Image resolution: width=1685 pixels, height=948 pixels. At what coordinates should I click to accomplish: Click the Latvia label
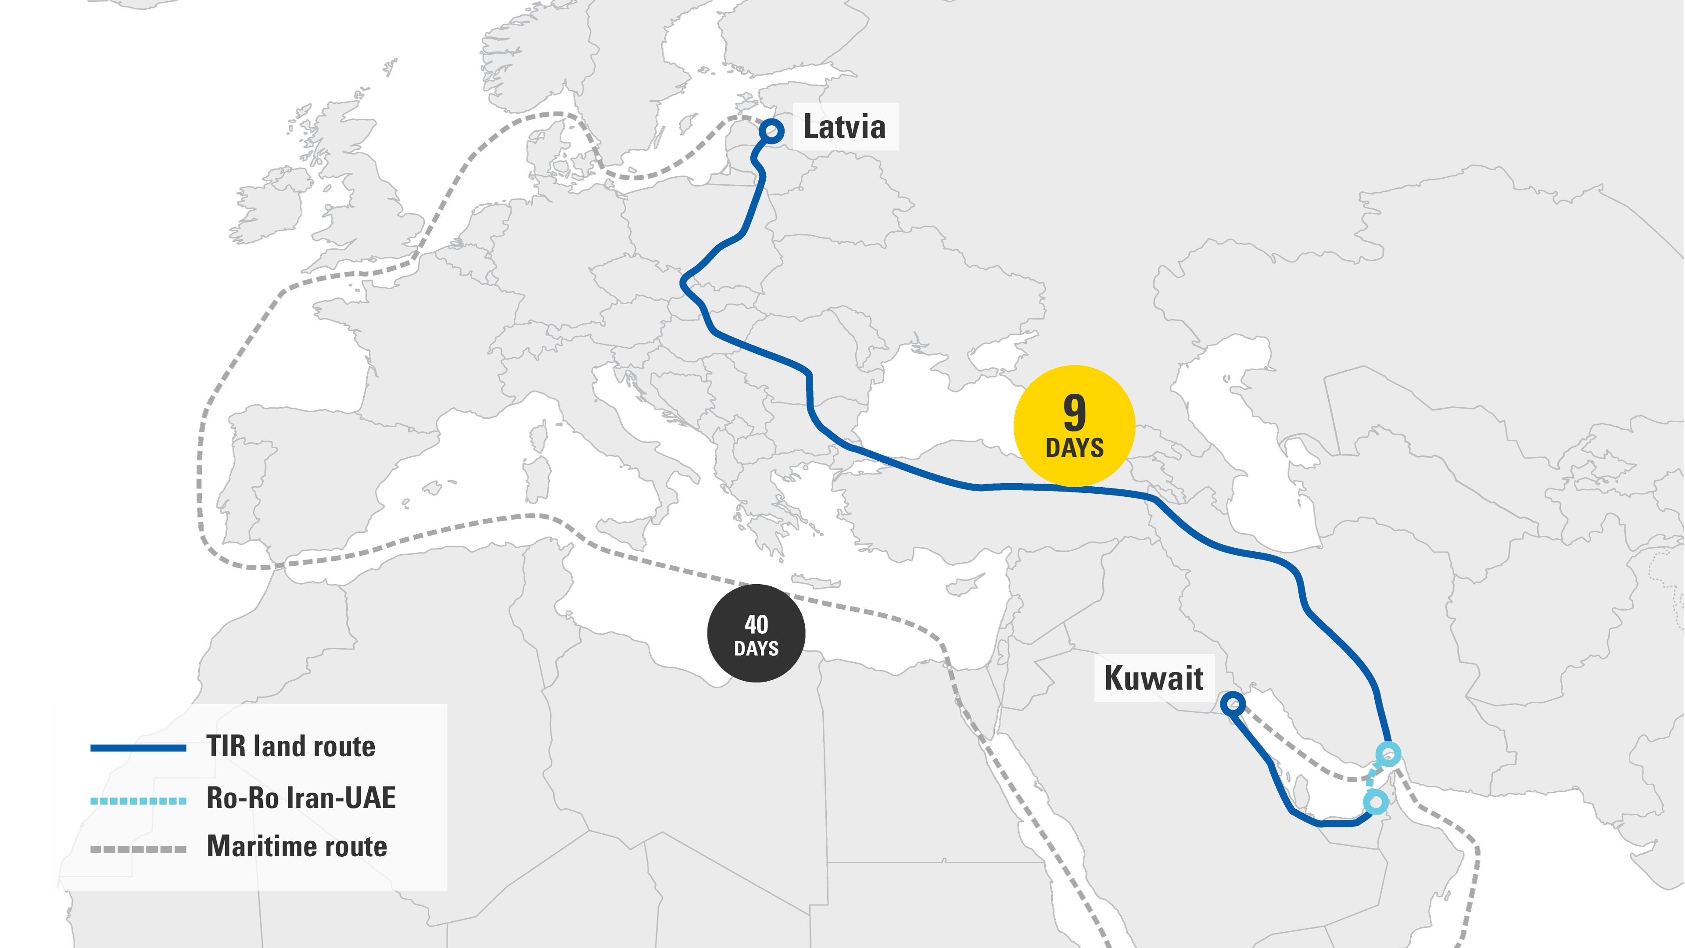[x=844, y=126]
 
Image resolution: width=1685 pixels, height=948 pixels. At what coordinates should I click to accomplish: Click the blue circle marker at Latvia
[x=772, y=131]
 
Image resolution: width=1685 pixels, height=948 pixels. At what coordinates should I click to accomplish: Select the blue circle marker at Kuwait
[x=1232, y=704]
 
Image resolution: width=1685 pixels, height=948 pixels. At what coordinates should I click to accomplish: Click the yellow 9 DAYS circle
[x=1074, y=426]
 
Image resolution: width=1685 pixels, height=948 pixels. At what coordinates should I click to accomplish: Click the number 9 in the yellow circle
[x=1074, y=412]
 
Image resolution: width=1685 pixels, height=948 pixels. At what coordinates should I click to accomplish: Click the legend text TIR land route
[x=290, y=747]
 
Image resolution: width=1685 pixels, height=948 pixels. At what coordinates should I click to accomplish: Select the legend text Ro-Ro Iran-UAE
[x=301, y=797]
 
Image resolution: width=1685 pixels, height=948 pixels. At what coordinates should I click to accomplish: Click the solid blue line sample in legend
[x=138, y=748]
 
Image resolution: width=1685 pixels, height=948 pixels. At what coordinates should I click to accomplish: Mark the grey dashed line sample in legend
[x=138, y=849]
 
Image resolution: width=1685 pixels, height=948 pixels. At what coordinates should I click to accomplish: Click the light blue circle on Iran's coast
[x=1388, y=754]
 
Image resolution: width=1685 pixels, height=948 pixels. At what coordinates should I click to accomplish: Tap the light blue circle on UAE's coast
[x=1376, y=801]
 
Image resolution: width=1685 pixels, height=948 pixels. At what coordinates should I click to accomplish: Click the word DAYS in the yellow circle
[x=1074, y=448]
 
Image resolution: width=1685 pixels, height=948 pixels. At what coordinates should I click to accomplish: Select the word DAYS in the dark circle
[x=756, y=648]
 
